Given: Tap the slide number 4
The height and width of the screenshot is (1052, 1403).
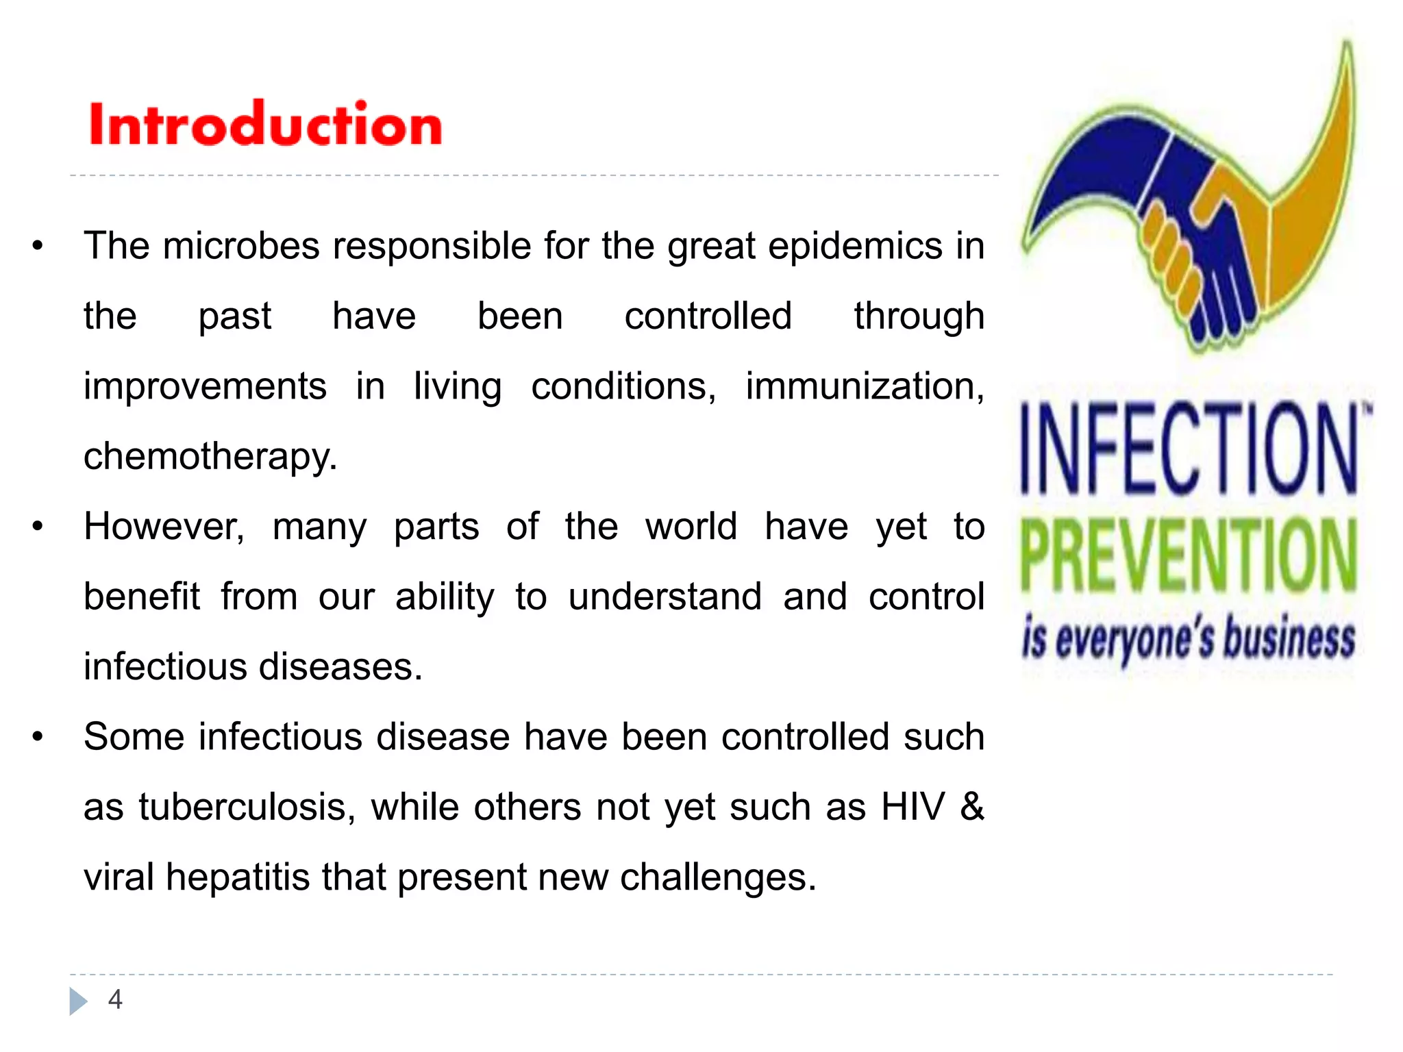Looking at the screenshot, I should (115, 999).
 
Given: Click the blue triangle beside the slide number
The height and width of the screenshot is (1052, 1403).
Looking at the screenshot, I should (78, 1001).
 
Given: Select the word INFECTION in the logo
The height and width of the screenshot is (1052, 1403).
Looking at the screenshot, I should (1189, 449).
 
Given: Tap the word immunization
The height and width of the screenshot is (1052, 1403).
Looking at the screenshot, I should (865, 387).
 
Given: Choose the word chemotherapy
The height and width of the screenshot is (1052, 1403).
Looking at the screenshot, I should (210, 457).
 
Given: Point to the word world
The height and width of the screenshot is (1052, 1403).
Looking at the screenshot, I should (691, 527).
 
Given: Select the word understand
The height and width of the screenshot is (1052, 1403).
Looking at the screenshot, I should (665, 597).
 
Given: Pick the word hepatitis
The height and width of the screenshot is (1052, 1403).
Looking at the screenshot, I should (238, 877).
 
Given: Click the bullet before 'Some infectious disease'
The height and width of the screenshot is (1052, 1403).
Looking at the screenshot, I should (38, 737).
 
